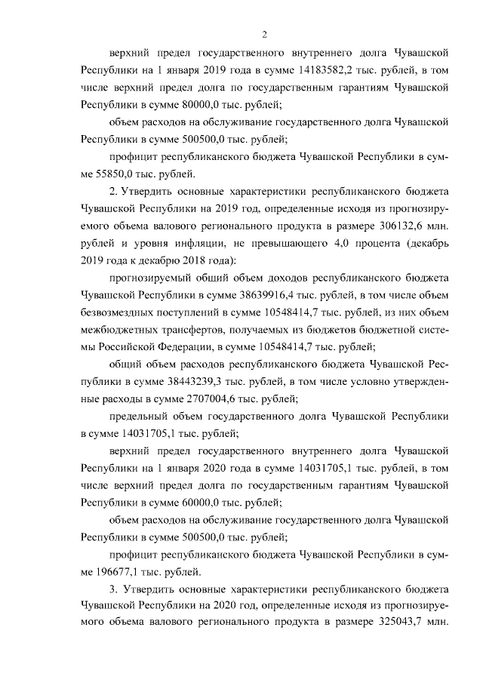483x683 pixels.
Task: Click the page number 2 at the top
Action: tap(264, 33)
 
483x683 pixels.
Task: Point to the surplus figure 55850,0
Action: tap(103, 174)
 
